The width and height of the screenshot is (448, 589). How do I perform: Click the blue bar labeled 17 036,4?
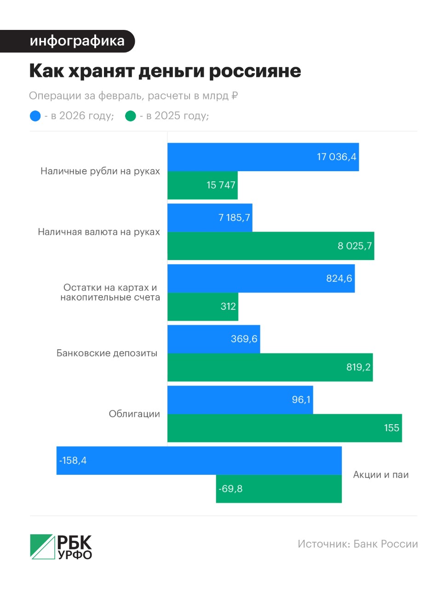click(x=263, y=157)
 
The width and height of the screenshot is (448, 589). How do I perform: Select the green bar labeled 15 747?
click(x=202, y=185)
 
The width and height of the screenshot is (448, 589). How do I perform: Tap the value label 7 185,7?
click(x=234, y=218)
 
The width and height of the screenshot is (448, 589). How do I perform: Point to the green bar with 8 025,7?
click(x=270, y=246)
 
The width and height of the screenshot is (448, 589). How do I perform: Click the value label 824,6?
click(x=339, y=278)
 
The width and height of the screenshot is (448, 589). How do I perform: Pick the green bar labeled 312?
click(x=202, y=306)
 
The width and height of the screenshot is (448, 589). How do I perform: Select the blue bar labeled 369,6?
click(x=213, y=339)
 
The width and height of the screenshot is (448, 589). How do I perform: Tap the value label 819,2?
click(x=358, y=367)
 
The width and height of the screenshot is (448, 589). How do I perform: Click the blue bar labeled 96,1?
click(x=240, y=400)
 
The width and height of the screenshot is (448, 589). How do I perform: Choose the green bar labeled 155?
click(x=284, y=428)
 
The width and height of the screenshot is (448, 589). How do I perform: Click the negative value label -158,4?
click(x=73, y=461)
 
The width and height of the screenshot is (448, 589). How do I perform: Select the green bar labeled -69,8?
click(x=279, y=489)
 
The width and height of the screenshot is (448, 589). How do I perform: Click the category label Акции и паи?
click(x=380, y=475)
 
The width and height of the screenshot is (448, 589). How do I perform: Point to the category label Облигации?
click(x=134, y=414)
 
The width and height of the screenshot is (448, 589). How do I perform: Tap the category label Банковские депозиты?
click(x=107, y=353)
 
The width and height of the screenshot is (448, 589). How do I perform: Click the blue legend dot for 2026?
click(x=35, y=116)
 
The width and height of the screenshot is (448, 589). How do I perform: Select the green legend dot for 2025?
click(x=131, y=116)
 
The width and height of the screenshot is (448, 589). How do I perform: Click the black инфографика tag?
click(x=68, y=41)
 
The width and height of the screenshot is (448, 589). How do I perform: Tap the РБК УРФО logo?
click(x=61, y=547)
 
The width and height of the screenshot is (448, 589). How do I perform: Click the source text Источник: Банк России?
click(x=357, y=544)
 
